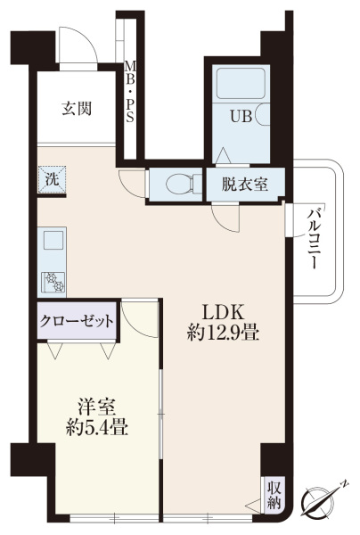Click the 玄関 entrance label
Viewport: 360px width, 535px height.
tap(77, 109)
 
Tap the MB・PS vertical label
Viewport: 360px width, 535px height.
tap(130, 92)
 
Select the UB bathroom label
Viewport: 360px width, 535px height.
tap(241, 117)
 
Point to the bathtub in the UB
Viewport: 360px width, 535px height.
tap(241, 84)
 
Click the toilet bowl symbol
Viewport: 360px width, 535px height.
tap(179, 184)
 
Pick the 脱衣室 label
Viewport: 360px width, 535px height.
tap(245, 185)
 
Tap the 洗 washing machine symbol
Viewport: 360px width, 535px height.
tap(52, 179)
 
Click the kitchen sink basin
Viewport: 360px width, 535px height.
tap(53, 240)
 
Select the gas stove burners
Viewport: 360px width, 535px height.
tap(53, 282)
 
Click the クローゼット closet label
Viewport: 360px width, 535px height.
tap(77, 321)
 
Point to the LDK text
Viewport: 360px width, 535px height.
tap(222, 312)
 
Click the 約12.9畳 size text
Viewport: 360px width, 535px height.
tap(223, 333)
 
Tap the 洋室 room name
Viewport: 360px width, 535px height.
tap(96, 407)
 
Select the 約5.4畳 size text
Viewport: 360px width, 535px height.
tap(97, 427)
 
